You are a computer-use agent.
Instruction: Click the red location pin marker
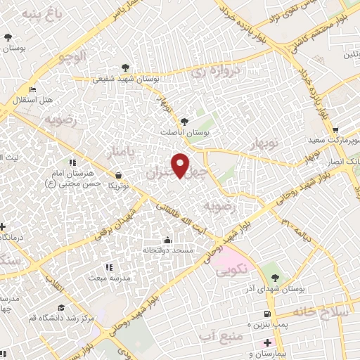pyautogui.click(x=181, y=165)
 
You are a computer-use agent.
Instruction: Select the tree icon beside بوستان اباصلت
pyautogui.click(x=185, y=121)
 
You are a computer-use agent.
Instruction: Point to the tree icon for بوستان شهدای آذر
pyautogui.click(x=274, y=278)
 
